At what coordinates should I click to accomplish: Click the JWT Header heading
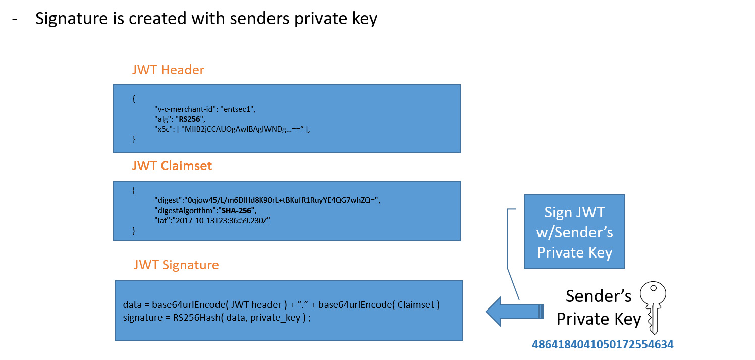click(168, 70)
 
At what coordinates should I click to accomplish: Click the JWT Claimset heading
click(172, 166)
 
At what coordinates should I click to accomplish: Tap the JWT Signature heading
click(176, 265)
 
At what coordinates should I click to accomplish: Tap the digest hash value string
click(282, 200)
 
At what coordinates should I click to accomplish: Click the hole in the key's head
click(653, 288)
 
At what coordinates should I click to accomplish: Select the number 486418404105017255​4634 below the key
click(603, 345)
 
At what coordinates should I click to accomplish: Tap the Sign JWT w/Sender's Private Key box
click(574, 232)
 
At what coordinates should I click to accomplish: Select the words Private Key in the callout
click(574, 252)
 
